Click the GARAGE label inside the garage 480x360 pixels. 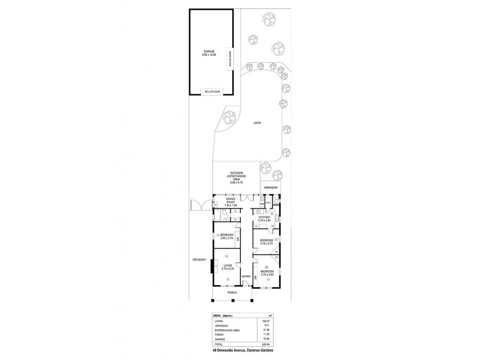[x=208, y=52]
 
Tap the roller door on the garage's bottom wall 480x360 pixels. [x=212, y=91]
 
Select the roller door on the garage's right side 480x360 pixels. [x=230, y=59]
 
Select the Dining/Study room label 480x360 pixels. [x=231, y=202]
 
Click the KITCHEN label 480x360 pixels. [x=264, y=218]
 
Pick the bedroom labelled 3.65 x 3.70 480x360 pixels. [x=226, y=236]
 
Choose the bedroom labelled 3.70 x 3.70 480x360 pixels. [x=266, y=241]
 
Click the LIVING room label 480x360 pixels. [x=228, y=267]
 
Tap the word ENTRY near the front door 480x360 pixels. [x=245, y=276]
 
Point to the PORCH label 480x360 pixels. [x=232, y=292]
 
